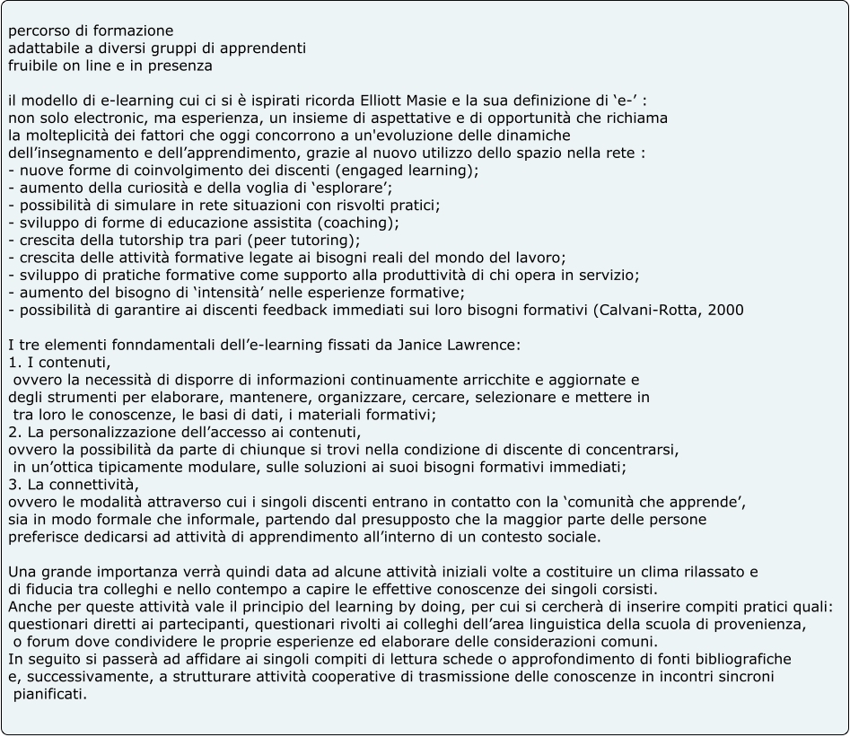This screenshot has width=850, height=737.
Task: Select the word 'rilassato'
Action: [712, 572]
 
